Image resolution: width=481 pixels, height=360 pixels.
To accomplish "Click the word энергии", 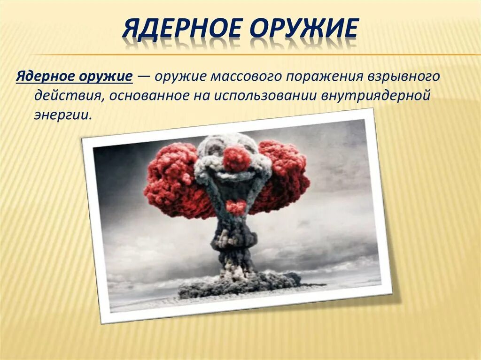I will [x=61, y=114].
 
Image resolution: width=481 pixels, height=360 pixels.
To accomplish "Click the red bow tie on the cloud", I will [x=236, y=207].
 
